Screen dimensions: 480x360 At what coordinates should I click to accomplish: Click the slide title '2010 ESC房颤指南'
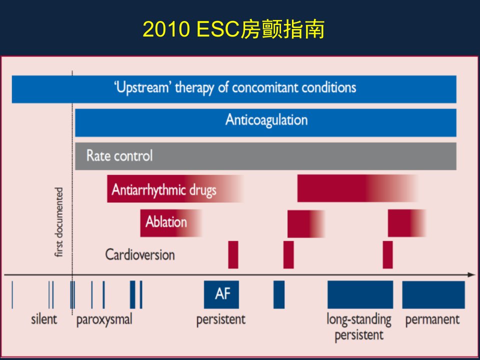point(233,29)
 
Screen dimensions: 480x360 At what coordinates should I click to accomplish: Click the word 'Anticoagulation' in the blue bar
point(266,119)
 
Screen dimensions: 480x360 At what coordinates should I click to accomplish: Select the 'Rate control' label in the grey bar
point(119,155)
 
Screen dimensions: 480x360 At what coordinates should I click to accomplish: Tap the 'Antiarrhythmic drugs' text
point(164,190)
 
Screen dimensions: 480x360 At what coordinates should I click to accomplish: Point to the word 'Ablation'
point(166,221)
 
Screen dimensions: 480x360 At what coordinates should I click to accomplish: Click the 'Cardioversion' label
point(140,254)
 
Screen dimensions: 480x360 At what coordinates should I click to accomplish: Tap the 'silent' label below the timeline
point(44,319)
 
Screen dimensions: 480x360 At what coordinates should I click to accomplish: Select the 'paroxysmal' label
point(104,320)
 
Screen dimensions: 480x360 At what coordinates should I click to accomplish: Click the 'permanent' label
point(432,320)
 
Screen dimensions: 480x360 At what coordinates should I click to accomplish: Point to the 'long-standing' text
point(359,320)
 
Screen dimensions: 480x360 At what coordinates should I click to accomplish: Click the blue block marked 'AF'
point(221,294)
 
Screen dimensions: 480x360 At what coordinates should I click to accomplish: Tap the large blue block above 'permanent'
point(433,294)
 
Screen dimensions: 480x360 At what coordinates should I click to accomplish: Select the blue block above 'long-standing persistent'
point(360,294)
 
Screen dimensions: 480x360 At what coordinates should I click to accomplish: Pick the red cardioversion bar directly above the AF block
point(233,254)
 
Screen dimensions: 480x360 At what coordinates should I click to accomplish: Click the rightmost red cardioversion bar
point(387,254)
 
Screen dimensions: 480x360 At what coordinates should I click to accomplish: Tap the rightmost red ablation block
point(407,223)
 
